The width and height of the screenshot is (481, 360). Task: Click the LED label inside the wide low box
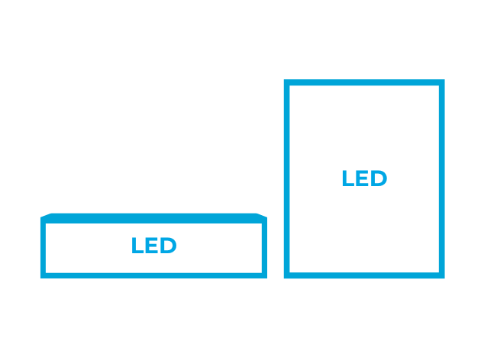(154, 245)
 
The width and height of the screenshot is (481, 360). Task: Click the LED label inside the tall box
(364, 178)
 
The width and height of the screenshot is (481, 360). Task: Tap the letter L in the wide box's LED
(137, 245)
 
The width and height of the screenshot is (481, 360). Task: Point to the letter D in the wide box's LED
(168, 245)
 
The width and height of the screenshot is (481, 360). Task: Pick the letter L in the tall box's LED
(348, 178)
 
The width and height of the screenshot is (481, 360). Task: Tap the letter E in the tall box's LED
(362, 178)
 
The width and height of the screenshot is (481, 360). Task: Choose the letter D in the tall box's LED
(379, 178)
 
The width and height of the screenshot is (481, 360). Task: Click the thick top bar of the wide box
(153, 218)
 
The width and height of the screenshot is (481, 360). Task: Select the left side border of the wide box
(43, 248)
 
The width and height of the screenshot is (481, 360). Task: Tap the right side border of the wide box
(264, 248)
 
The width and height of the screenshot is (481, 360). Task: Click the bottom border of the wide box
(153, 276)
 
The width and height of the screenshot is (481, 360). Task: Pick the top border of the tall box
(364, 82)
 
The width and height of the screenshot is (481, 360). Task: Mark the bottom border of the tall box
(364, 275)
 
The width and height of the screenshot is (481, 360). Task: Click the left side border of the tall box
(287, 179)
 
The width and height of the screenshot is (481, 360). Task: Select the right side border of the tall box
(442, 179)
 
